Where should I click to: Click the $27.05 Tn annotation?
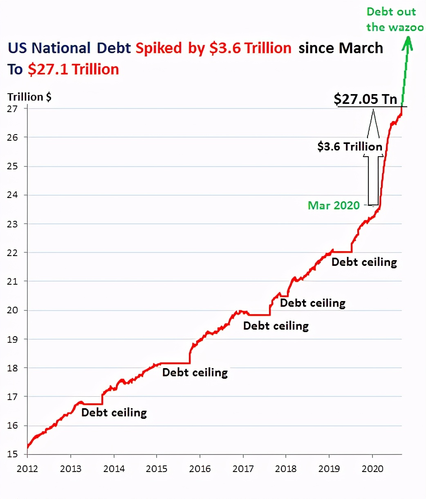365,99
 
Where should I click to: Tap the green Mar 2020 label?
334,205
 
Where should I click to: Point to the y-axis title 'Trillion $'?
29,97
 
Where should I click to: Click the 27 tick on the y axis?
12,108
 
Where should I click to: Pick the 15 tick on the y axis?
12,454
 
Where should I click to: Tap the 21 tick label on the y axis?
12,281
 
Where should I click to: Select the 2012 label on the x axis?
27,468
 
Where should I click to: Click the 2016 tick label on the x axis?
200,468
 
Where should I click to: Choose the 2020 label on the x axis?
372,468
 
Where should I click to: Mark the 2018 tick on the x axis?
286,468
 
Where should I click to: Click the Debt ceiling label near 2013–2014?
114,412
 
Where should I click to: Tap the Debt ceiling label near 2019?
364,262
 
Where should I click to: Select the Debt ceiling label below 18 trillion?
195,373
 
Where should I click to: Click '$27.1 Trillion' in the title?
74,69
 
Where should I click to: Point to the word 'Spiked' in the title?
159,48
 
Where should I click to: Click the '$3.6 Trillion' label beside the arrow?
350,146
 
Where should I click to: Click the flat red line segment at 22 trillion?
343,252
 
